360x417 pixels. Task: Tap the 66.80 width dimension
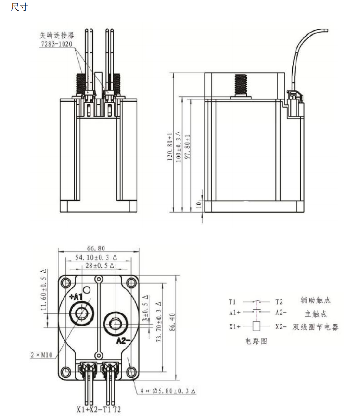[95, 248]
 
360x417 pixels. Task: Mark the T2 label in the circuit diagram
[279, 302]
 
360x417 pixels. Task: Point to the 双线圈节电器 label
[315, 327]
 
